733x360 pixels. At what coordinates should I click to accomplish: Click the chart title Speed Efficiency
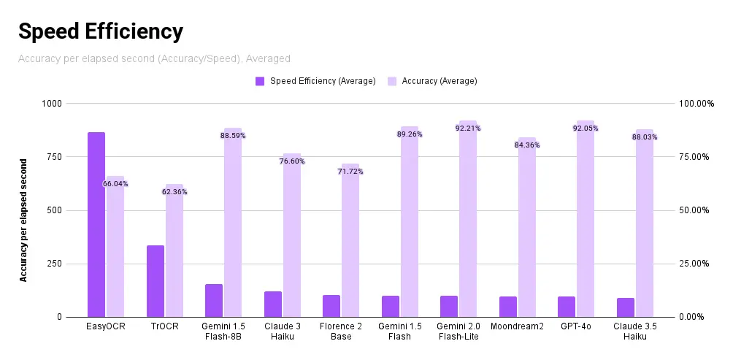(x=100, y=31)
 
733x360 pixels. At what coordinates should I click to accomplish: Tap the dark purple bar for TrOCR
(x=156, y=281)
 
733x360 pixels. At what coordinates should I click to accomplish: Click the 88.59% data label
(x=233, y=136)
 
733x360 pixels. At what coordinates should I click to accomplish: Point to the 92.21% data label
(x=468, y=129)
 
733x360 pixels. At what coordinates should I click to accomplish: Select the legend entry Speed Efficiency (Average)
(x=322, y=81)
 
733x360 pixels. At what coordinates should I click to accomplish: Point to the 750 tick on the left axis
(x=53, y=157)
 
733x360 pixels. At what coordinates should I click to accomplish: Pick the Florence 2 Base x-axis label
(x=341, y=332)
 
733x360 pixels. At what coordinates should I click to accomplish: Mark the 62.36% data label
(x=174, y=192)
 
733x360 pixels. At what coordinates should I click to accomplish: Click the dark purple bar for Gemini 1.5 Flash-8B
(x=214, y=300)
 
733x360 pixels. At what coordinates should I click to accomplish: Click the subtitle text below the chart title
(x=154, y=58)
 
